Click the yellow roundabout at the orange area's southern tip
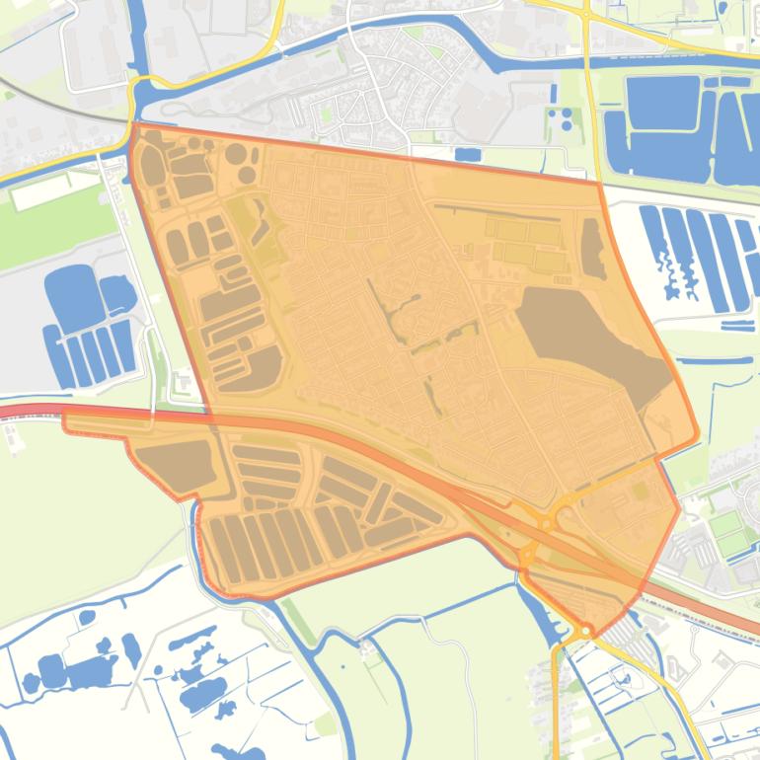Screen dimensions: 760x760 point(586,629)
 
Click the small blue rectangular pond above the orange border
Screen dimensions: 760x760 point(468,154)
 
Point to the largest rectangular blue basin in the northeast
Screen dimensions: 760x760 point(662,102)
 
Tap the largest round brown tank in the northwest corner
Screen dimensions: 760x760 point(151,168)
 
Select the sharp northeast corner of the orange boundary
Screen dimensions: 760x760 point(601,184)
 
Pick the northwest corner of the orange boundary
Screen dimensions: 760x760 point(132,126)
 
